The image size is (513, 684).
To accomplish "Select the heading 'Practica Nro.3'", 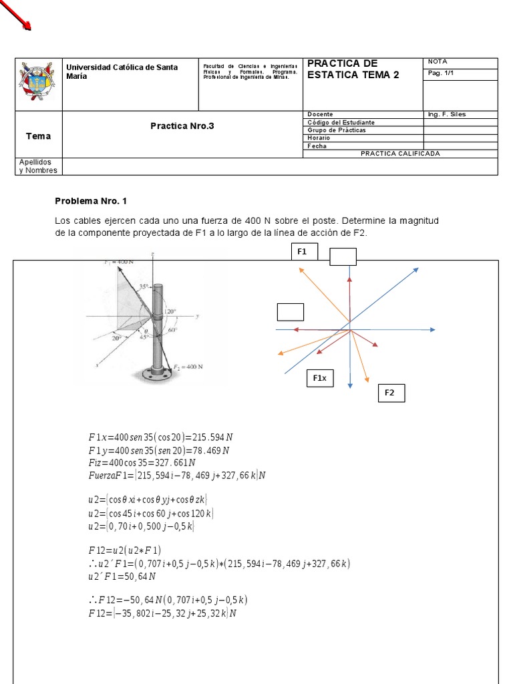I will coord(182,126).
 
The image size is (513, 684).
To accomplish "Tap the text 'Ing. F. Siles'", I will coord(447,114).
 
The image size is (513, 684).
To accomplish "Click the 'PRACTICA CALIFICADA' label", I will coord(400,154).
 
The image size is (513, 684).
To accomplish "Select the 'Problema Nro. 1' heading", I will coord(90,200).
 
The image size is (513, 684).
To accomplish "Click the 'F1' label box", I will coord(303,252).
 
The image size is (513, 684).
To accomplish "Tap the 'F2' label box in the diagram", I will coord(389,393).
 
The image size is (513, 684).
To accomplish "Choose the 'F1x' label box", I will coord(319,378).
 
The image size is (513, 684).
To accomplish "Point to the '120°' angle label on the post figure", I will coord(171,311).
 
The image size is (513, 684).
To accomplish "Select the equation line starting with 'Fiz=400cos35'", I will coord(142,462).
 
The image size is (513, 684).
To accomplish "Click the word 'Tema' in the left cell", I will coord(38,136).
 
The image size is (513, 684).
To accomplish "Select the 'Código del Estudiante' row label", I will coord(341,122).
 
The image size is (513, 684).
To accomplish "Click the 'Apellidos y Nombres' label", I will coord(38,166).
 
